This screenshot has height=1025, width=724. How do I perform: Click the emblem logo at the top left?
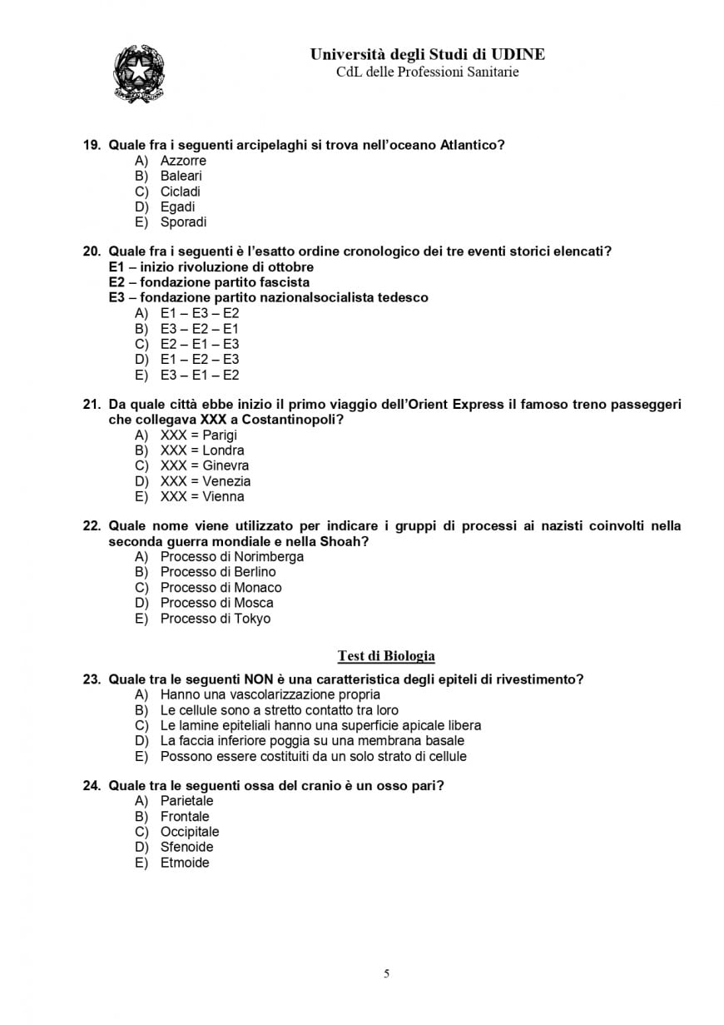[138, 74]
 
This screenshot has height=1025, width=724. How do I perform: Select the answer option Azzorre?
[183, 161]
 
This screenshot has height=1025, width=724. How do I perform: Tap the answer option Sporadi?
[183, 222]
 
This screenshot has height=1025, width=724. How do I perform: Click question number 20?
[92, 251]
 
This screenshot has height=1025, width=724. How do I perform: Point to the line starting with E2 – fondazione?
[209, 282]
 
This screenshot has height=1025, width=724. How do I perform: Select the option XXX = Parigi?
[198, 435]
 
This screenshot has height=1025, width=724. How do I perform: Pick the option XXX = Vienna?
[202, 497]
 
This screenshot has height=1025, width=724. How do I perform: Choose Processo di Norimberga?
[231, 557]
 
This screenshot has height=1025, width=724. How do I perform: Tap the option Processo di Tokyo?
[215, 619]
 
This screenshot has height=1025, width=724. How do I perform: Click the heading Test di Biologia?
[386, 656]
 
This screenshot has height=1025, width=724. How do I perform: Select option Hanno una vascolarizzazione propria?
[270, 694]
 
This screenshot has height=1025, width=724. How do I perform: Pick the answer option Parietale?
[186, 801]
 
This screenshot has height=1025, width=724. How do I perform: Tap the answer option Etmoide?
[185, 863]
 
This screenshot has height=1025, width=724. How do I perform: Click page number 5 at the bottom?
[386, 973]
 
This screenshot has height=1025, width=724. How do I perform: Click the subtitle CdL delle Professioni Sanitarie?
[427, 72]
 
